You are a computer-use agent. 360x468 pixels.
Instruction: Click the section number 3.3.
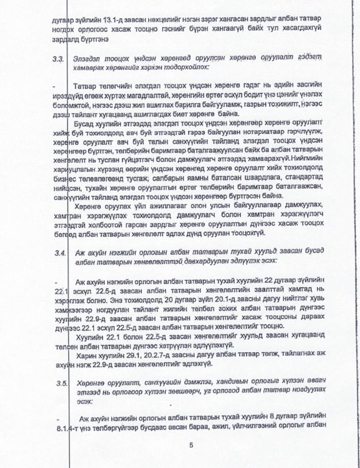(60, 58)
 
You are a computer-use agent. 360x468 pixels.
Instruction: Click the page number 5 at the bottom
(191, 446)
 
